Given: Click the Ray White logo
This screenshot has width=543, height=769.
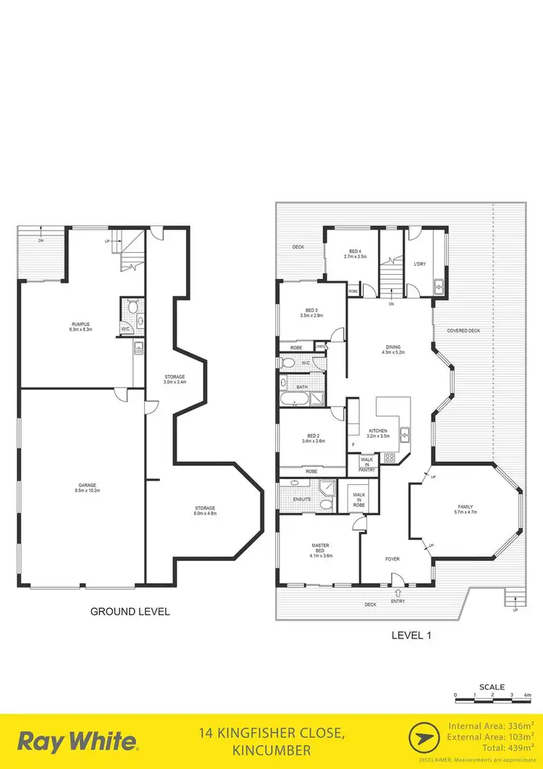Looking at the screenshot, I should pos(77,741).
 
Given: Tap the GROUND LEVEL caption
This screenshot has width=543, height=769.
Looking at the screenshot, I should pos(130,612).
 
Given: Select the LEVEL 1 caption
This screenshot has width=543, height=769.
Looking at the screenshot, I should pos(411,636).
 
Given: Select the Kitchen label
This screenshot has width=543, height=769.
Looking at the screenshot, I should pos(378,433).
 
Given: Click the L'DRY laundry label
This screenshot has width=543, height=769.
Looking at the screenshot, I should pos(418,264).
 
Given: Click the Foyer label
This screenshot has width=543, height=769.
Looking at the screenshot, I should pos(392,559).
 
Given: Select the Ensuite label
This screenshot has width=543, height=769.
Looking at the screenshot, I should pos(302,499).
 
